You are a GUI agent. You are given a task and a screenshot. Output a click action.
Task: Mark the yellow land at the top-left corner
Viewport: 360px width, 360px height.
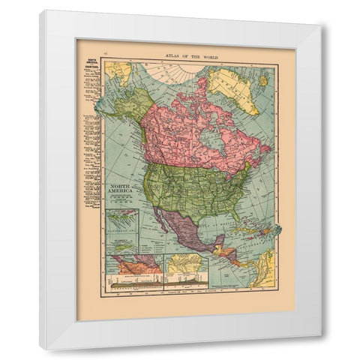pyautogui.click(x=115, y=72)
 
